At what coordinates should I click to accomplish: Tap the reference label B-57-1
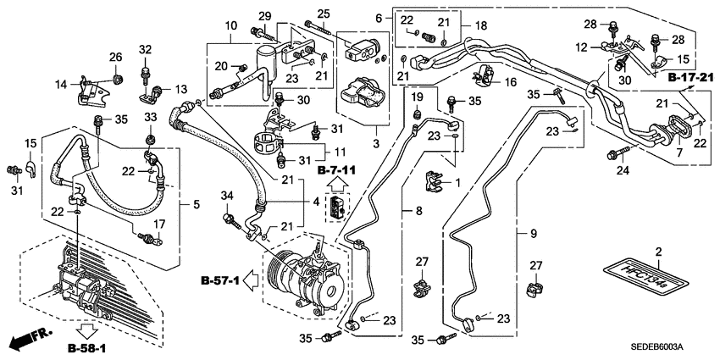click(x=220, y=280)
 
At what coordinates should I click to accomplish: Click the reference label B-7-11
click(x=336, y=171)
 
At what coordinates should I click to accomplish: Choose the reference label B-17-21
click(x=690, y=78)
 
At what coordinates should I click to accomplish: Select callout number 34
click(x=226, y=197)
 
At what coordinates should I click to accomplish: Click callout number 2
click(x=658, y=252)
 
